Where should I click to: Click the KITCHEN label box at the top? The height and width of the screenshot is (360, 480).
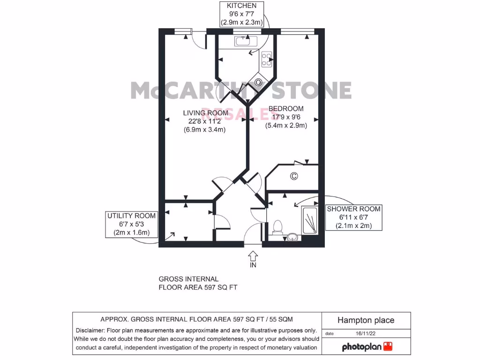point(242,14)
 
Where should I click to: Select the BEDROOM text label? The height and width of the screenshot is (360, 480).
point(286,109)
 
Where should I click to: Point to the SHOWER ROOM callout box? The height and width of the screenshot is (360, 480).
point(353,217)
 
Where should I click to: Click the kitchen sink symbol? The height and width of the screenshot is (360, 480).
point(244,41)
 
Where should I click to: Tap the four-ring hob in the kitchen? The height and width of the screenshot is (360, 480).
point(267,58)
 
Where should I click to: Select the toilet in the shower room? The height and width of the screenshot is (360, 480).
point(277,226)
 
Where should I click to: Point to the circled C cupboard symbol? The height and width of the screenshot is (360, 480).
point(294,177)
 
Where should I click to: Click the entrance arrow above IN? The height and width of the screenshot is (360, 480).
point(253,255)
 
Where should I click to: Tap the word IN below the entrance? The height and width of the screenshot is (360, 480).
point(253,265)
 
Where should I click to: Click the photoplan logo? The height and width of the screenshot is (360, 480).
point(367,347)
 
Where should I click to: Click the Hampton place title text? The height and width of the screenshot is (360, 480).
point(366,321)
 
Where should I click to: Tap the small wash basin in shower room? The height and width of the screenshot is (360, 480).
point(293,236)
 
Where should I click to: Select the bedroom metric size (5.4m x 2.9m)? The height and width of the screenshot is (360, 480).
point(286,126)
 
